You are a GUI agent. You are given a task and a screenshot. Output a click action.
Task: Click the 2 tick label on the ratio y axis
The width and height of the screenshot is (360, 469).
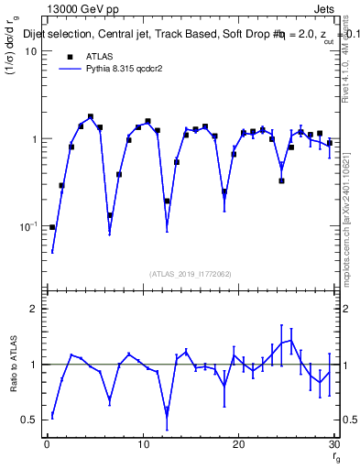(35, 310)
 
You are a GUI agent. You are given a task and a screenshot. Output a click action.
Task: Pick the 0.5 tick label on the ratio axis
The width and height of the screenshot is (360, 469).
(29, 420)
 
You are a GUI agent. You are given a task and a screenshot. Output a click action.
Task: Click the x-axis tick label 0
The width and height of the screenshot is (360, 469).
(47, 444)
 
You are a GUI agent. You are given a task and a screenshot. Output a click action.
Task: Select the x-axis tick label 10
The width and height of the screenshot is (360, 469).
(143, 444)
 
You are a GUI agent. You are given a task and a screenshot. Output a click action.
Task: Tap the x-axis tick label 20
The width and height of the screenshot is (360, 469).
(239, 444)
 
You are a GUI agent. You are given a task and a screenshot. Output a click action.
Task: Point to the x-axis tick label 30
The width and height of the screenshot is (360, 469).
(334, 444)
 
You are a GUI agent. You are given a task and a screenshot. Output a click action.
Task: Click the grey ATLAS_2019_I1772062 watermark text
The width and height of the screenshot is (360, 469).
(191, 274)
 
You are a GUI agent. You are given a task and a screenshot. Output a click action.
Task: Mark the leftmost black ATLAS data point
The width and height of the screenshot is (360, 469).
(52, 227)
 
